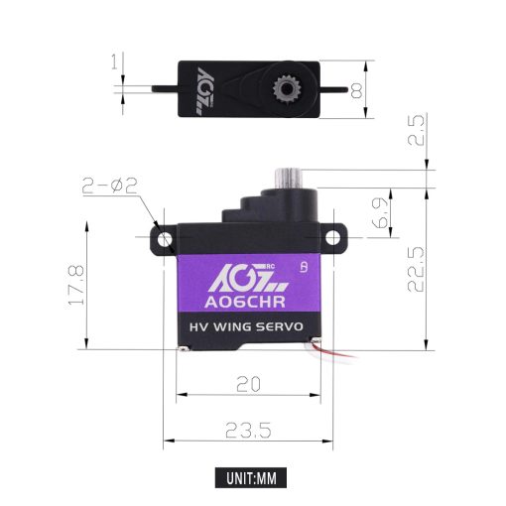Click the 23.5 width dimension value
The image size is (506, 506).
pyautogui.click(x=250, y=428)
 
